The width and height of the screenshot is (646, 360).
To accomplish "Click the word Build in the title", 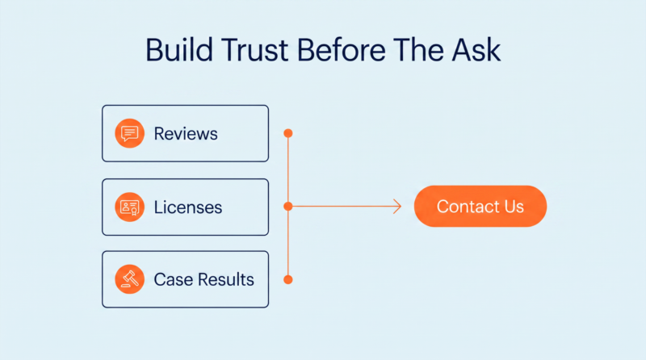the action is (178, 50).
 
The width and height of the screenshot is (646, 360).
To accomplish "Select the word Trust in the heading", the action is (254, 50).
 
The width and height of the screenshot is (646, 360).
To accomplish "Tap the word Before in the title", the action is (342, 50).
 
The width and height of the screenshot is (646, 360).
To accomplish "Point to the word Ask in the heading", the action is (476, 50).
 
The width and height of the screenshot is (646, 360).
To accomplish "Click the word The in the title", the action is (418, 50).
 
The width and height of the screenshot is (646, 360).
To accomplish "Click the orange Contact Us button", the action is (480, 206).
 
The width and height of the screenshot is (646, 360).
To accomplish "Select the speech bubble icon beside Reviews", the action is (129, 133).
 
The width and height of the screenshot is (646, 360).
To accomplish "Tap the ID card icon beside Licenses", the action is (129, 207).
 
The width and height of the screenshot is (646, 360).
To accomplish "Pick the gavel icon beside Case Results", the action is (129, 278).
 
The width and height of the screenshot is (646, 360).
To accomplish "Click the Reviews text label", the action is (186, 133).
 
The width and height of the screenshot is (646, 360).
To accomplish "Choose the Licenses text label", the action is (188, 207).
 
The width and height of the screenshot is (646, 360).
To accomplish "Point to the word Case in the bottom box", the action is (174, 279).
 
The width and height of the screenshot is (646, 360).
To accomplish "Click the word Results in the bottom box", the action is (226, 279).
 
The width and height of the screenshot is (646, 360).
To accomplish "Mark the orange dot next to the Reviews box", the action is (288, 133).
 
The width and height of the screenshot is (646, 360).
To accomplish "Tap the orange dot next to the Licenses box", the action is (288, 206).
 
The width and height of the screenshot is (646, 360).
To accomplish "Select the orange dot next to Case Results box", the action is (288, 279).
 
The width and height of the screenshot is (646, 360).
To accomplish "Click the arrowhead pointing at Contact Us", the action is (397, 206).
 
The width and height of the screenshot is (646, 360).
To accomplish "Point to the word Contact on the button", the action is (466, 207).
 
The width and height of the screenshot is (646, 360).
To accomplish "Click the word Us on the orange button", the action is (514, 207).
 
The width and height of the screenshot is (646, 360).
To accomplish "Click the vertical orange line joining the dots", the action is (288, 207).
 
